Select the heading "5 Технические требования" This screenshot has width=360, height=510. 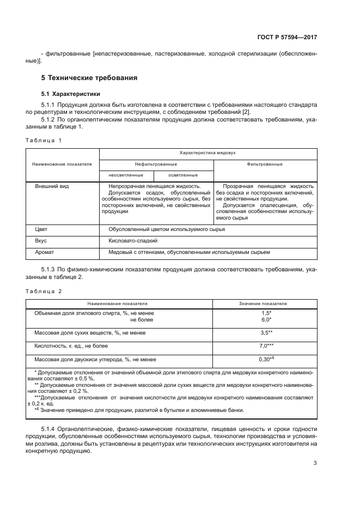[87, 78]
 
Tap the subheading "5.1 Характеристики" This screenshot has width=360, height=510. [71, 94]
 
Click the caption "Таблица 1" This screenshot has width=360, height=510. [44, 141]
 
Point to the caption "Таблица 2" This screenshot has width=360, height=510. [44, 291]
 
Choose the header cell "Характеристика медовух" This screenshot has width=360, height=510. [208, 154]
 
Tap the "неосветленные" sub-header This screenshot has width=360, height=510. [126, 175]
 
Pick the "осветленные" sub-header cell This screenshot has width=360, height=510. [182, 175]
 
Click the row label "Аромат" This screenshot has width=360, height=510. [45, 252]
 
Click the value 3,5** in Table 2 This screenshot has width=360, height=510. [266, 332]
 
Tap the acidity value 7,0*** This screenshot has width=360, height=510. [266, 346]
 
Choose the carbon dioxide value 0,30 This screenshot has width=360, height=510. [266, 360]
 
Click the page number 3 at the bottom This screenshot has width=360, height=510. [315, 464]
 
